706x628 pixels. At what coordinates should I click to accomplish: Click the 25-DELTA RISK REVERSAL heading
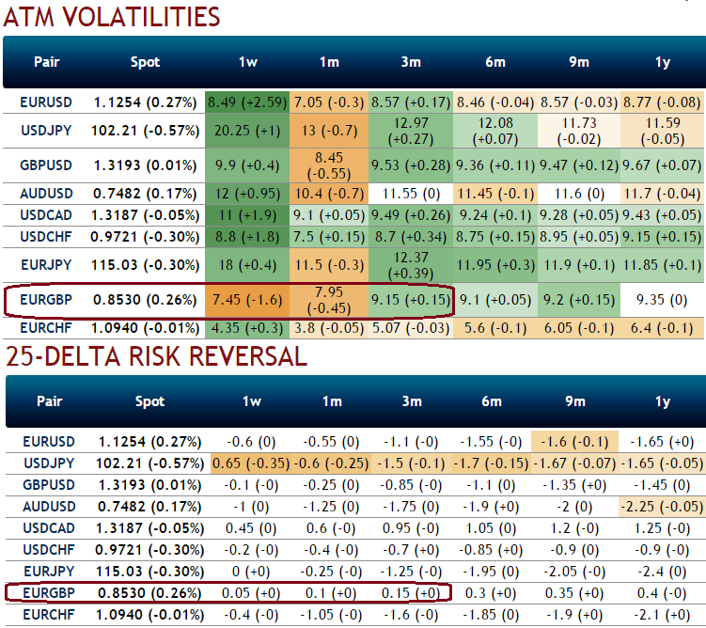coord(156,355)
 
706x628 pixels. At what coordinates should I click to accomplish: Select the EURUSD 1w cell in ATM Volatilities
coord(248,102)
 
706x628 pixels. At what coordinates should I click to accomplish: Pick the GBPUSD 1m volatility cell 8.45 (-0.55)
coord(329,165)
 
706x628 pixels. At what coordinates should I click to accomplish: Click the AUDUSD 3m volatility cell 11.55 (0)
coord(411,195)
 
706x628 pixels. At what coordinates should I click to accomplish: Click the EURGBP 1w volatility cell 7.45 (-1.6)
coord(248,301)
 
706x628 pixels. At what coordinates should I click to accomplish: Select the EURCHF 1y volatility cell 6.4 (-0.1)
coord(663,329)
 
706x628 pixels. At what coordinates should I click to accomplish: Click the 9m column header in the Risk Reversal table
coord(578,401)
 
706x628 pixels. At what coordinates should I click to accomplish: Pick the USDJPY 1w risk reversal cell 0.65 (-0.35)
coord(248,463)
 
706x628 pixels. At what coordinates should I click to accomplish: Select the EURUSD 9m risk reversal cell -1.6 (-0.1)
coord(578,441)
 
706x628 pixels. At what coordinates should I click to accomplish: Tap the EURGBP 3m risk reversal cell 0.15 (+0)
coord(411,592)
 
